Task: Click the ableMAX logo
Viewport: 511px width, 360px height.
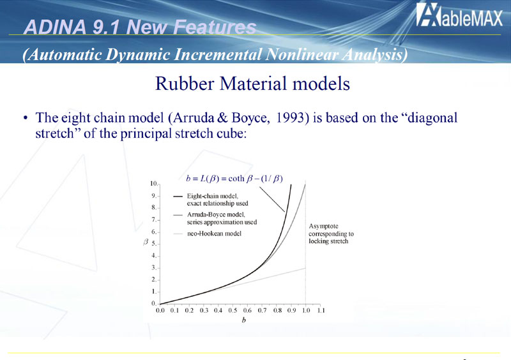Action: click(459, 15)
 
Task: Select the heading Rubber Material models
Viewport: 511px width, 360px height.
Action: click(252, 84)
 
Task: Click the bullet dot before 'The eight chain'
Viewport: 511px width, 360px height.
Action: click(25, 118)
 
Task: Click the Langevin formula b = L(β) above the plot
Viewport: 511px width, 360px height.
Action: click(234, 179)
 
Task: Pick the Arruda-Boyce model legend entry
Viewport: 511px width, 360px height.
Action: click(215, 218)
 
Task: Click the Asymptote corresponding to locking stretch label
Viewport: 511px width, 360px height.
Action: click(331, 234)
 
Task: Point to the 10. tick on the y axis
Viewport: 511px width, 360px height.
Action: click(154, 184)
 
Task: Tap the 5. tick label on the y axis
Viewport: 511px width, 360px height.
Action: click(154, 244)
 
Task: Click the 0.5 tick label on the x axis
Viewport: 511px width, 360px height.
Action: click(233, 310)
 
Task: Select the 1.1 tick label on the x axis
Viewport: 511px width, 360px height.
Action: click(321, 310)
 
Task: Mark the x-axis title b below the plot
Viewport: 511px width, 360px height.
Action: click(244, 320)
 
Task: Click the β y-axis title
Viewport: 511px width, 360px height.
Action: click(146, 242)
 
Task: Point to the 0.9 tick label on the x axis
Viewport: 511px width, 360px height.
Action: click(291, 310)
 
